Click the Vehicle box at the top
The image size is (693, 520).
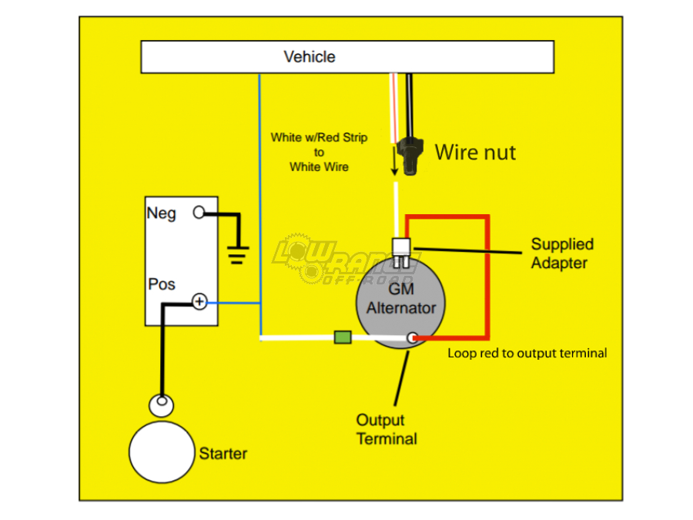(x=346, y=57)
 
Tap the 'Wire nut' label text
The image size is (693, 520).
(x=475, y=153)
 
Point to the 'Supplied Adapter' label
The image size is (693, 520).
(x=562, y=253)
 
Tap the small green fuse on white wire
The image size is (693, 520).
(x=343, y=337)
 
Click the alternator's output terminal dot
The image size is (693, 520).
(x=413, y=337)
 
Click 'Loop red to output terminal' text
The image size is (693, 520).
(x=527, y=354)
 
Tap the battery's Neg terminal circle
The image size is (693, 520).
(x=199, y=213)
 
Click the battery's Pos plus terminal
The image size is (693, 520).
(x=199, y=302)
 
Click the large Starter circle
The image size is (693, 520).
(x=162, y=452)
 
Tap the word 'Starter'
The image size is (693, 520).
(x=223, y=453)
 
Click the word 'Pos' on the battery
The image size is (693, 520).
(x=162, y=284)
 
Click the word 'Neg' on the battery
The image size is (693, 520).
(x=162, y=213)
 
